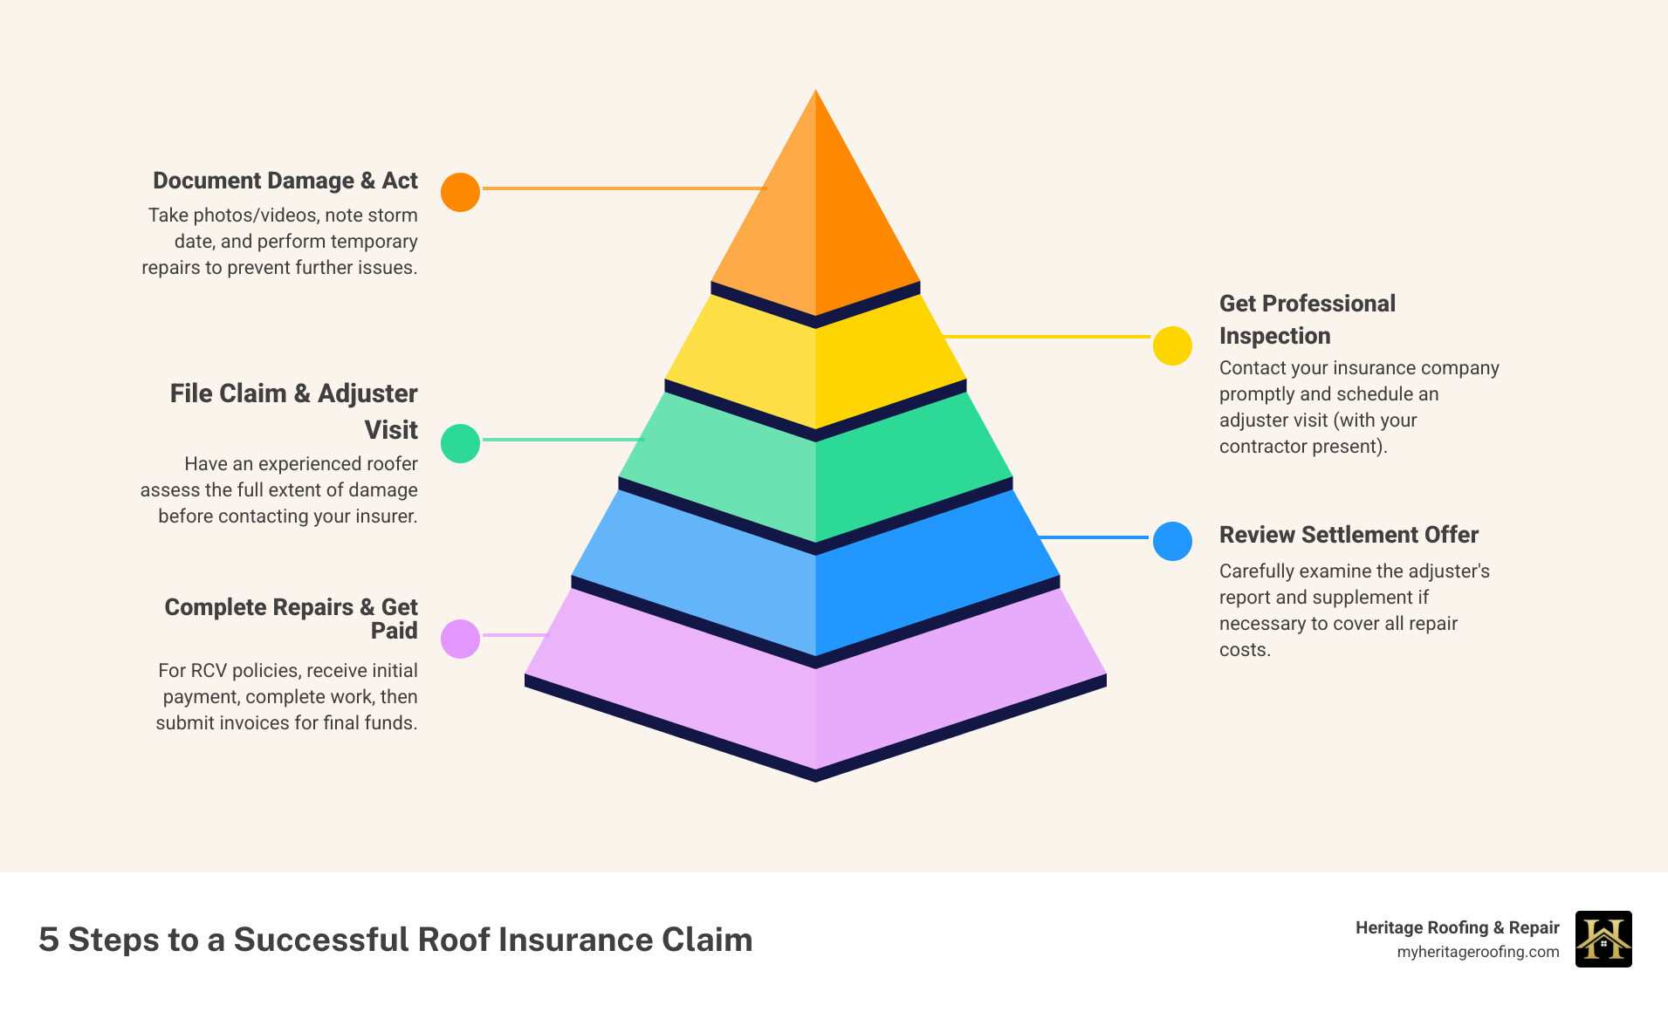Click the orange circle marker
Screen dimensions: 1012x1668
460,192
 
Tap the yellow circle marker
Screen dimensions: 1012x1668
1172,345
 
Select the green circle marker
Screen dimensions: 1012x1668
460,443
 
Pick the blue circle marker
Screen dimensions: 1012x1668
1172,541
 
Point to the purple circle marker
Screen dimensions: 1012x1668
460,639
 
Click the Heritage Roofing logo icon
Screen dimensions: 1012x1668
1603,939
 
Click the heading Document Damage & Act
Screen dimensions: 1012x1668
285,181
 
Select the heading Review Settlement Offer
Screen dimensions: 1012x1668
1349,535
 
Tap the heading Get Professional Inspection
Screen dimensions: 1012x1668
1307,319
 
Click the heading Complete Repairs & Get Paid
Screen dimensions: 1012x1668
292,618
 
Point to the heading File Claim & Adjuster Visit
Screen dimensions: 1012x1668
294,411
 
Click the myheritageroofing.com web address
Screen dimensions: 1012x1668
1478,952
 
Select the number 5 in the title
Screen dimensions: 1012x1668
49,940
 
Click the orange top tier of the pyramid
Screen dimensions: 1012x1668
815,218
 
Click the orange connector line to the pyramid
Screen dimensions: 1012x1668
624,188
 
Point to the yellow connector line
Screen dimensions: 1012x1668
1047,336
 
